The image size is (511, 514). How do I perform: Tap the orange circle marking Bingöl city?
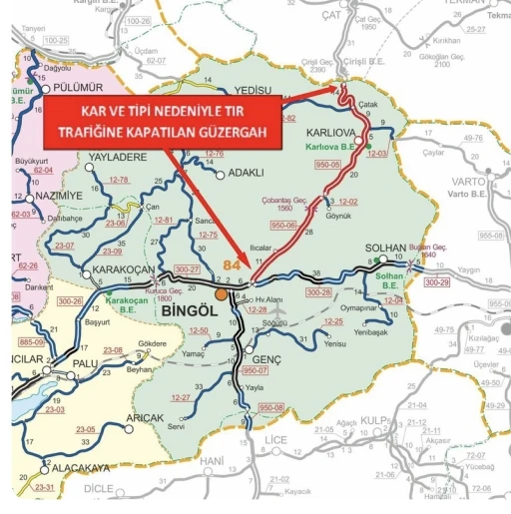point(221,294)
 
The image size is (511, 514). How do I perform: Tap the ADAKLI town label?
point(246,172)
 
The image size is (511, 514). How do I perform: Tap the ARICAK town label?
point(146,418)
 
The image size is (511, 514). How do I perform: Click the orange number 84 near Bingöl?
point(232,265)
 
